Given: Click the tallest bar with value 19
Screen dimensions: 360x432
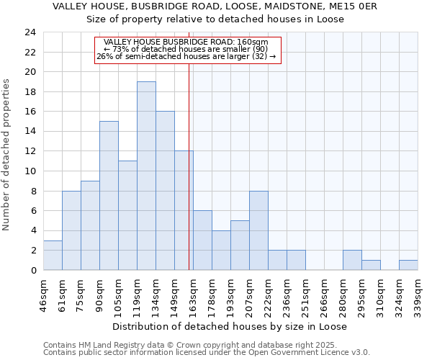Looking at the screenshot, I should tap(146, 176).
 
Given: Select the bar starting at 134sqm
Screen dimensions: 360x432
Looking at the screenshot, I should tap(165, 191).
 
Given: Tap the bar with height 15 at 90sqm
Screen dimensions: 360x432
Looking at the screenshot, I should tap(109, 196).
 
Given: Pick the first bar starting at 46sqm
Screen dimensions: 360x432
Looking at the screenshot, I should tap(53, 256).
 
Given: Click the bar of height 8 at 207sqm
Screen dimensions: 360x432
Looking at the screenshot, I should tap(258, 230).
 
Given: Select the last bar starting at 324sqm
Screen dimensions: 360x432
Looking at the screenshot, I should tap(408, 265).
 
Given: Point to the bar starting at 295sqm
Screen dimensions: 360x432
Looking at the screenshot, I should tap(371, 265).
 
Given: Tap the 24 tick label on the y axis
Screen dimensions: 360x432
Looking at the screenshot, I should tap(30, 32).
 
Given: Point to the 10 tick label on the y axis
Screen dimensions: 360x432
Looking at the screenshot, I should tap(30, 171).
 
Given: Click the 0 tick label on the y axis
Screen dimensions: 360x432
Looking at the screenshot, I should tap(32, 271).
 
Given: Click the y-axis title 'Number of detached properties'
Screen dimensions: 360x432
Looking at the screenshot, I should tap(7, 155).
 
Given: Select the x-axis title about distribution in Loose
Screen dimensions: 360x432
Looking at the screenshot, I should tap(230, 326).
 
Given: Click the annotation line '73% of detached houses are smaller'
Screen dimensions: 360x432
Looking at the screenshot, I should tap(186, 49).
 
